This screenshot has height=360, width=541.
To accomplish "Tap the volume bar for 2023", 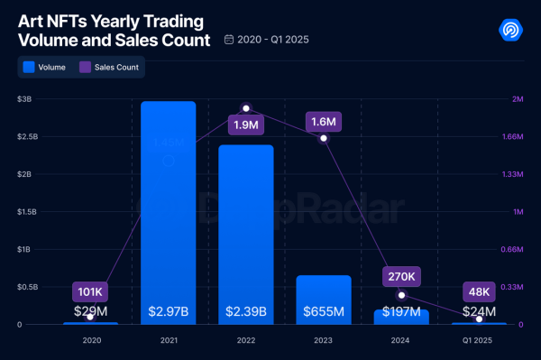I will (323, 298).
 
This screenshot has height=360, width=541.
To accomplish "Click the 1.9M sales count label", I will (245, 125).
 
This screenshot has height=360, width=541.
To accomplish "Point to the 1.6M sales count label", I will (323, 121).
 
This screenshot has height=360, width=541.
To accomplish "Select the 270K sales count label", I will (401, 276).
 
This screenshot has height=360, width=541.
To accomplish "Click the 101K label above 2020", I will (90, 291).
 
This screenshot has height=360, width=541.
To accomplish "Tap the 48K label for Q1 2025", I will (479, 291).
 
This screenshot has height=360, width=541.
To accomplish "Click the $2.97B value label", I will (168, 312).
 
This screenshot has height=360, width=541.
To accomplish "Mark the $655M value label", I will (323, 312).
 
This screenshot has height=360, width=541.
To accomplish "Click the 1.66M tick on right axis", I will (513, 136).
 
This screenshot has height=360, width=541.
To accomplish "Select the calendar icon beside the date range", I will (229, 41).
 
